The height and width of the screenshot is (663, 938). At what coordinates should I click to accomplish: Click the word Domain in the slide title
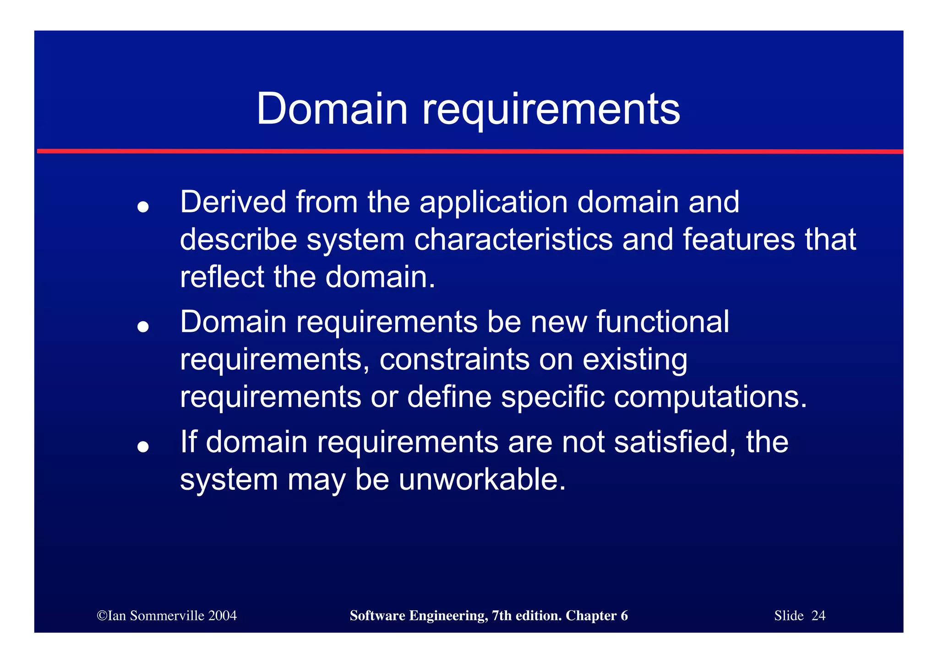(x=332, y=109)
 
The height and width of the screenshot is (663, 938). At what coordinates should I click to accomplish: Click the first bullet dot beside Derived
(x=143, y=207)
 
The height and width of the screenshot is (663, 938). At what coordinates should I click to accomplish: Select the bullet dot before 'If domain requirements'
(x=143, y=446)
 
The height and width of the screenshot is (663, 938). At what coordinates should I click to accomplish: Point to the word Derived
(x=233, y=202)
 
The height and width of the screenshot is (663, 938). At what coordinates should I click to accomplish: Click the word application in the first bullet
(x=493, y=202)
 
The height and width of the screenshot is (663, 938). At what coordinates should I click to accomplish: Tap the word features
(x=738, y=240)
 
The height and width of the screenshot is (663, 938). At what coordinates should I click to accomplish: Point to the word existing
(x=635, y=359)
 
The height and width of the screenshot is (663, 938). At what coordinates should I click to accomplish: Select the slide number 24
(x=818, y=615)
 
